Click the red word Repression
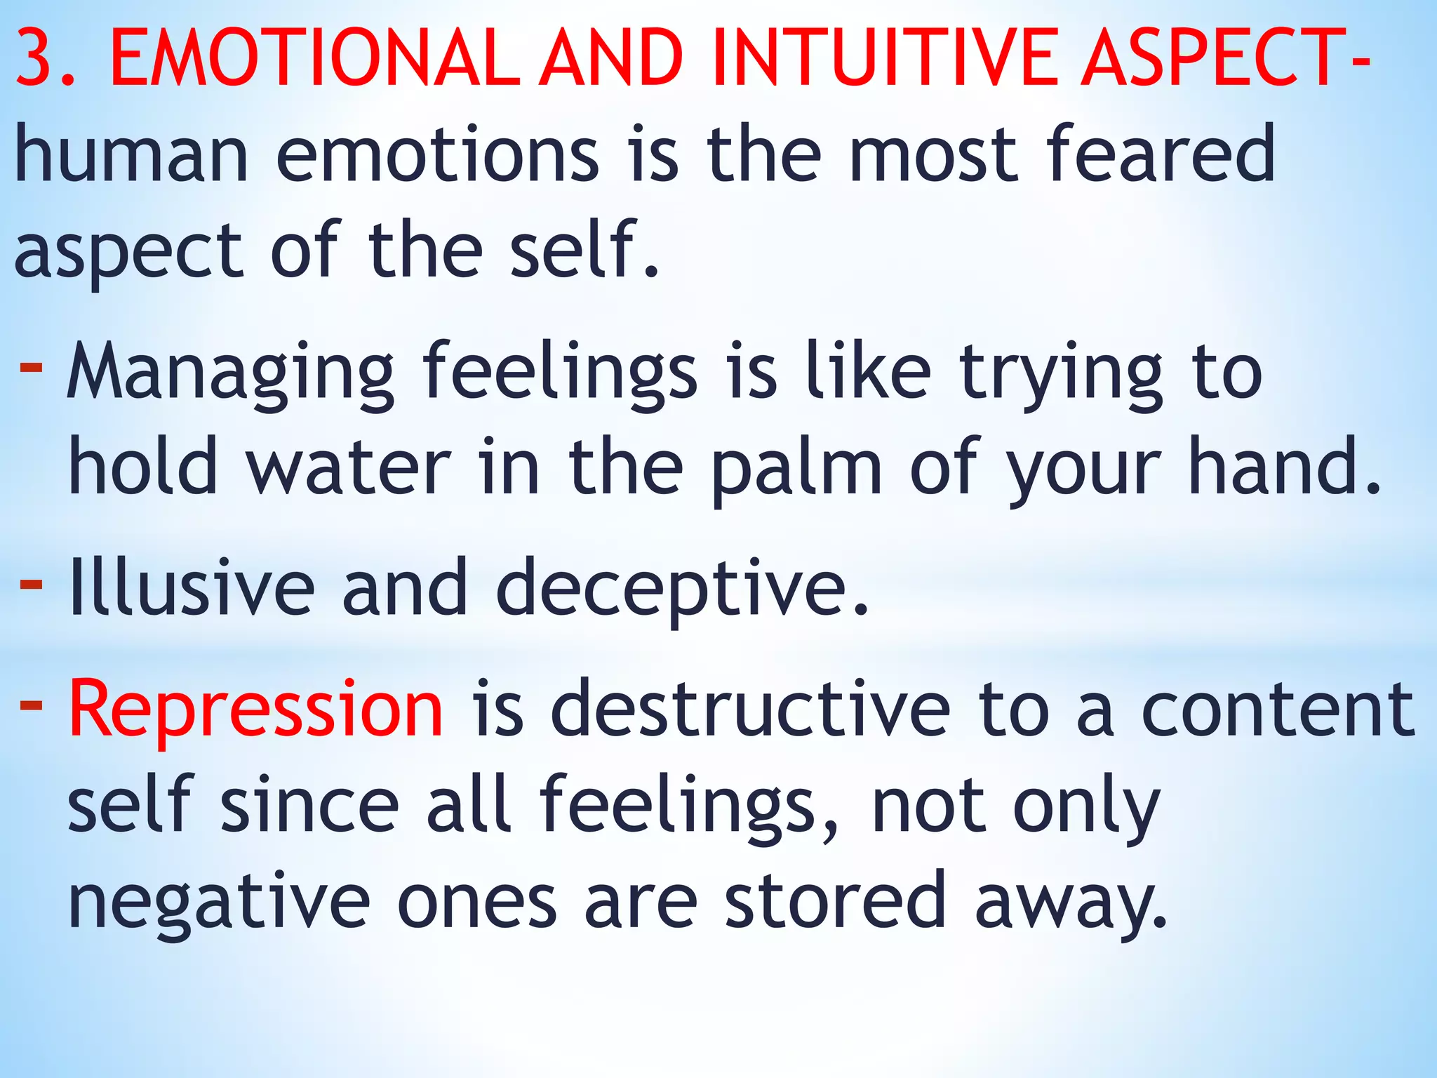click(x=255, y=709)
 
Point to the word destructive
click(x=750, y=709)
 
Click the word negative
click(x=218, y=901)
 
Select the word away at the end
click(x=1070, y=903)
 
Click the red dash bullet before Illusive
click(x=31, y=584)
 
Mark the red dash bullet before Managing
click(x=31, y=366)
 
